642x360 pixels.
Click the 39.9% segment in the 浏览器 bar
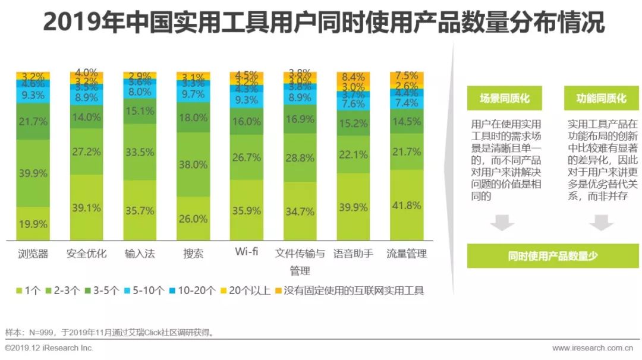click(x=33, y=173)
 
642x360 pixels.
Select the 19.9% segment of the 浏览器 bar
click(x=33, y=223)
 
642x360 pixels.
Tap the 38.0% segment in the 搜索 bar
click(x=193, y=165)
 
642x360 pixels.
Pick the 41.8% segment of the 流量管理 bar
click(x=407, y=205)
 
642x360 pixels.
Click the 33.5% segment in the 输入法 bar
click(x=140, y=152)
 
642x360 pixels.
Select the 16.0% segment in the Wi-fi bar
click(x=247, y=121)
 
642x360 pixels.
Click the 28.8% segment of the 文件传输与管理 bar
click(x=300, y=158)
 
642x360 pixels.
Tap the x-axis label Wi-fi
click(x=247, y=252)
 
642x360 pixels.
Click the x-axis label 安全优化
click(x=86, y=254)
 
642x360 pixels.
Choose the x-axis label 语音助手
click(x=354, y=254)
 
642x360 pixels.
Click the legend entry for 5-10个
click(x=143, y=290)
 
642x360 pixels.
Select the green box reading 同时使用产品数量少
click(x=552, y=256)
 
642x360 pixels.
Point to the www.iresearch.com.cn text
click(x=592, y=348)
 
